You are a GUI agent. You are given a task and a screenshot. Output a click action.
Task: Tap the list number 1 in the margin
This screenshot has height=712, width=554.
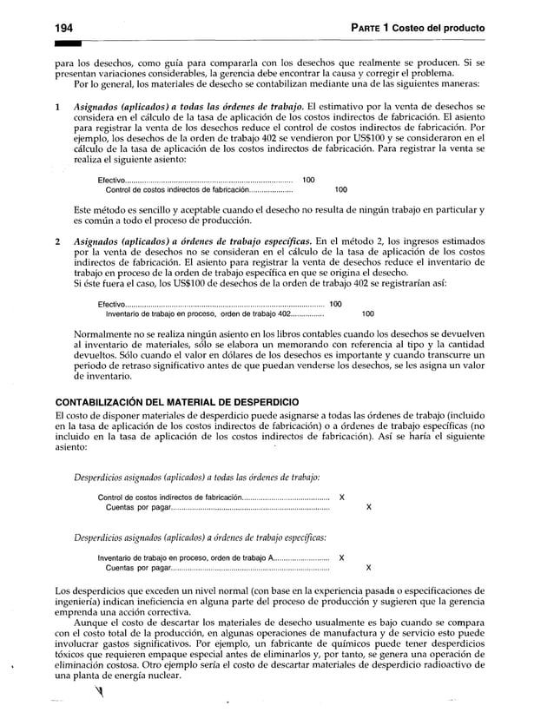(56, 106)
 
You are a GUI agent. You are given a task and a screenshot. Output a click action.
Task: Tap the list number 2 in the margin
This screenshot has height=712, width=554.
(56, 239)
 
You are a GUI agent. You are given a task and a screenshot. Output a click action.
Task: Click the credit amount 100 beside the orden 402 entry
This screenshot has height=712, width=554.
(368, 314)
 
